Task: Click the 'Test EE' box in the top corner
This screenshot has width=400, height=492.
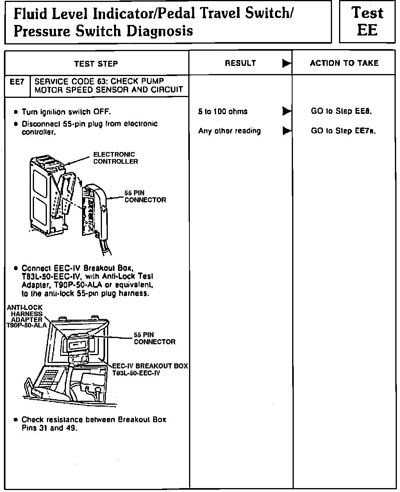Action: (367, 21)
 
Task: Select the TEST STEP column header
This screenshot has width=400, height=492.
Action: (96, 64)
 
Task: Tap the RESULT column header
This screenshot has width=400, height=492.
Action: (240, 63)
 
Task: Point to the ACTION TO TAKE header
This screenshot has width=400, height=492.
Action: (344, 63)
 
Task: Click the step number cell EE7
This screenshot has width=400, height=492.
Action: (17, 82)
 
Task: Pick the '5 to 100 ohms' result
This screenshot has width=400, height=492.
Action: (223, 111)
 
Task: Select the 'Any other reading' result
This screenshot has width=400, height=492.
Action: (229, 131)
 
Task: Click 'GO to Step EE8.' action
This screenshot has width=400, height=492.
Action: (341, 111)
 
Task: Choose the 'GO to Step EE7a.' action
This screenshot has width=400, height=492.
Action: (343, 131)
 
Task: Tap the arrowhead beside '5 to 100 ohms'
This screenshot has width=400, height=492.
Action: (287, 111)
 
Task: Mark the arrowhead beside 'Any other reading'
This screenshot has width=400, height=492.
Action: (287, 131)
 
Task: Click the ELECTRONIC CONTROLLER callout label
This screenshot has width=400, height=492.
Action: (115, 158)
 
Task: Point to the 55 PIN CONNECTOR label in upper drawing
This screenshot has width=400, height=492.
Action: (145, 196)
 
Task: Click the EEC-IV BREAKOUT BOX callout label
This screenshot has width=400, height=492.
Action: (150, 369)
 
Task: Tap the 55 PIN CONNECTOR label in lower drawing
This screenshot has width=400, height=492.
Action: (154, 338)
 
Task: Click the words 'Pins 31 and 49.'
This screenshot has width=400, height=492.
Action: (49, 428)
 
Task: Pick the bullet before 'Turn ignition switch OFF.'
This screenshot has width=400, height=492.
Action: (16, 112)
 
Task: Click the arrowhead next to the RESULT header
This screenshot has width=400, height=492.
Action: (287, 63)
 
